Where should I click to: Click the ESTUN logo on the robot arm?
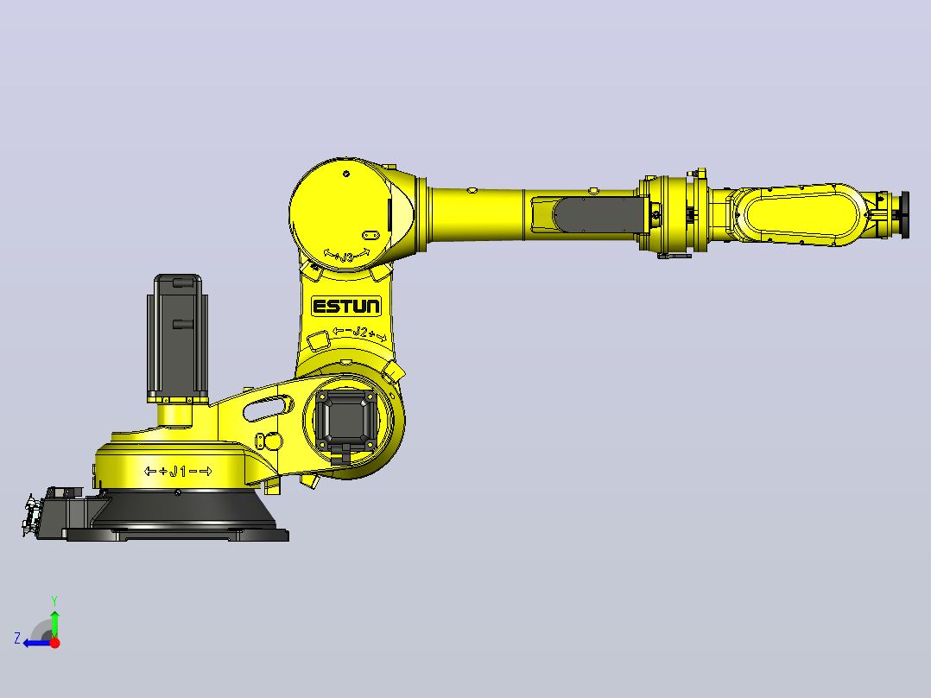(x=346, y=307)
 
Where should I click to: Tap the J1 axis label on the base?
(x=178, y=472)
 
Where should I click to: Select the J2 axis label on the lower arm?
(x=360, y=333)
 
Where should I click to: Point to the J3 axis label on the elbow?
(x=347, y=256)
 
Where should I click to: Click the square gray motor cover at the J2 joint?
(x=347, y=419)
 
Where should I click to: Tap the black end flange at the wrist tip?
(x=905, y=215)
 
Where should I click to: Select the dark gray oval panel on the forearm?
(x=599, y=215)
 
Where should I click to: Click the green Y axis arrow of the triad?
(x=54, y=625)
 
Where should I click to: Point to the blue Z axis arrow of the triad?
(x=37, y=643)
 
